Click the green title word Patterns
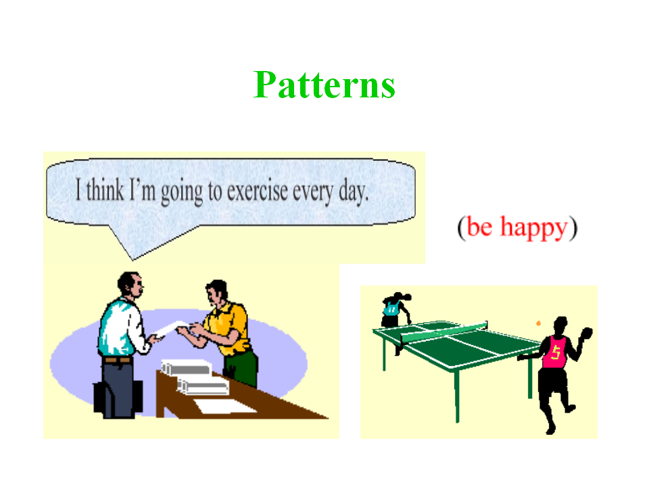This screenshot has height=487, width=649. (x=324, y=85)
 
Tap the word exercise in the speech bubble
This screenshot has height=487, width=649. (x=257, y=191)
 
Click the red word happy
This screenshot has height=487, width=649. (x=533, y=228)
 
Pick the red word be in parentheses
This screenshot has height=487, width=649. (x=479, y=227)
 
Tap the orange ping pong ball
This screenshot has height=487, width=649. (x=539, y=323)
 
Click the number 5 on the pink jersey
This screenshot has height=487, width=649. (x=556, y=353)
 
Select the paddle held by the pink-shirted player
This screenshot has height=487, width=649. (x=587, y=333)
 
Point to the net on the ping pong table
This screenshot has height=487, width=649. (x=445, y=332)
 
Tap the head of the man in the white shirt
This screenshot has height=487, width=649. (x=130, y=284)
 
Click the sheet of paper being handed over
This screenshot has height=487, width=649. (x=170, y=329)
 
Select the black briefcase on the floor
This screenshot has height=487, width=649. (x=118, y=398)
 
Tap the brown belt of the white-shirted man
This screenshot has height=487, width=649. (x=118, y=361)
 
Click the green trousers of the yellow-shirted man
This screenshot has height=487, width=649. (x=241, y=368)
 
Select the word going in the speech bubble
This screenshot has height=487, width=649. (x=182, y=192)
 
